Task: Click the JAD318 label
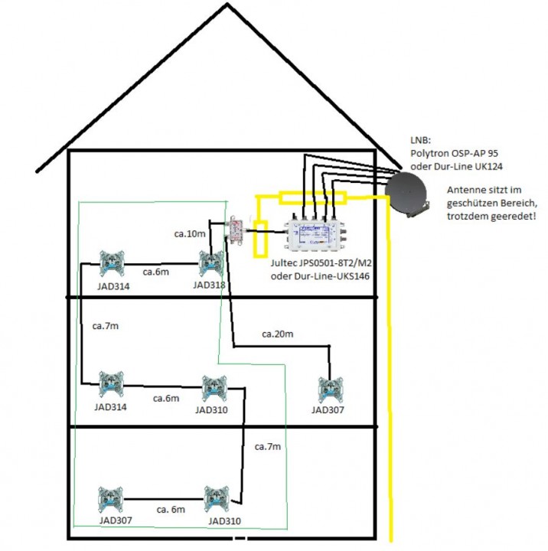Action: click(x=209, y=285)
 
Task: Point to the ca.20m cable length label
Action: click(x=277, y=334)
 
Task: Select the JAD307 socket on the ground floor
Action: click(x=114, y=500)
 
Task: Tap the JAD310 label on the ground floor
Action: click(x=224, y=520)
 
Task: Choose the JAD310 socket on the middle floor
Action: click(x=214, y=390)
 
